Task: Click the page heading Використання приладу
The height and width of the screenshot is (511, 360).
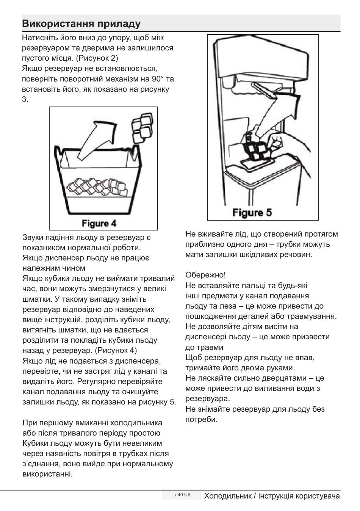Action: tap(81, 24)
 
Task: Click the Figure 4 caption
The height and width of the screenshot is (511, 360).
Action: tap(99, 223)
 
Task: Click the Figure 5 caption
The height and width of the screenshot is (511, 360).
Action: tap(252, 212)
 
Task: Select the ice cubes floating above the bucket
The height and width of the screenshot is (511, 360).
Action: tap(141, 128)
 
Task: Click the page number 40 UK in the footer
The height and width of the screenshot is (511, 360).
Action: tap(183, 495)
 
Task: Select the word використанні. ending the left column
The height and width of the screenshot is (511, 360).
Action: tap(47, 474)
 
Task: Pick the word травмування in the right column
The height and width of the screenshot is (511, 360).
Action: tap(313, 316)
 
